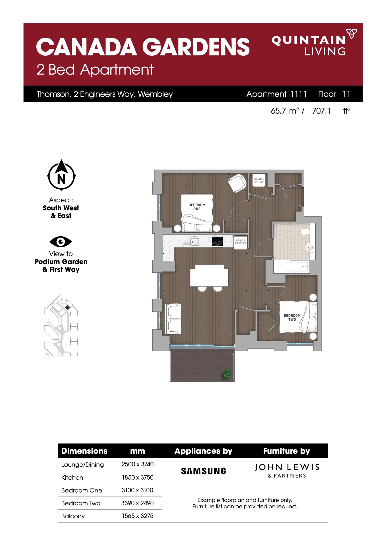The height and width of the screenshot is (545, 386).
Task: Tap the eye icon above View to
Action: (x=61, y=241)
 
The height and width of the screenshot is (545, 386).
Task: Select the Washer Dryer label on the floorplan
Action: (x=259, y=180)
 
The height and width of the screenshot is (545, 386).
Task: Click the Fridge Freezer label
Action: (x=240, y=242)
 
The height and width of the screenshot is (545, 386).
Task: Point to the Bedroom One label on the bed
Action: (x=197, y=207)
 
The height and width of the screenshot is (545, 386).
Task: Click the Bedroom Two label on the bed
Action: (x=292, y=317)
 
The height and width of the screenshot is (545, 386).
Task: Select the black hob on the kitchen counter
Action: (x=217, y=241)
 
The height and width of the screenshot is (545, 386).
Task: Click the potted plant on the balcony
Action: (x=227, y=374)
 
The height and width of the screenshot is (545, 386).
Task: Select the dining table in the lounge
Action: (x=209, y=277)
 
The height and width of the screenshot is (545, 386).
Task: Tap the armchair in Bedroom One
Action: (x=237, y=183)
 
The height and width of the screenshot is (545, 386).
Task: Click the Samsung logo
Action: (x=204, y=471)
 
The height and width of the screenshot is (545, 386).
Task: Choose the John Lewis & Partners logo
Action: (x=287, y=471)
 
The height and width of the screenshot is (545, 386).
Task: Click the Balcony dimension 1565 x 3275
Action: (x=137, y=516)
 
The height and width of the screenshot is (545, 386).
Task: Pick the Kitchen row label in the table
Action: (x=72, y=477)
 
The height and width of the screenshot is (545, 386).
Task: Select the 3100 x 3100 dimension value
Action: (x=137, y=490)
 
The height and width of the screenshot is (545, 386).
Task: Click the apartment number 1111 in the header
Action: (x=298, y=94)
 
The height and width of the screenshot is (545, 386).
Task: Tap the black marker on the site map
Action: (x=68, y=307)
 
